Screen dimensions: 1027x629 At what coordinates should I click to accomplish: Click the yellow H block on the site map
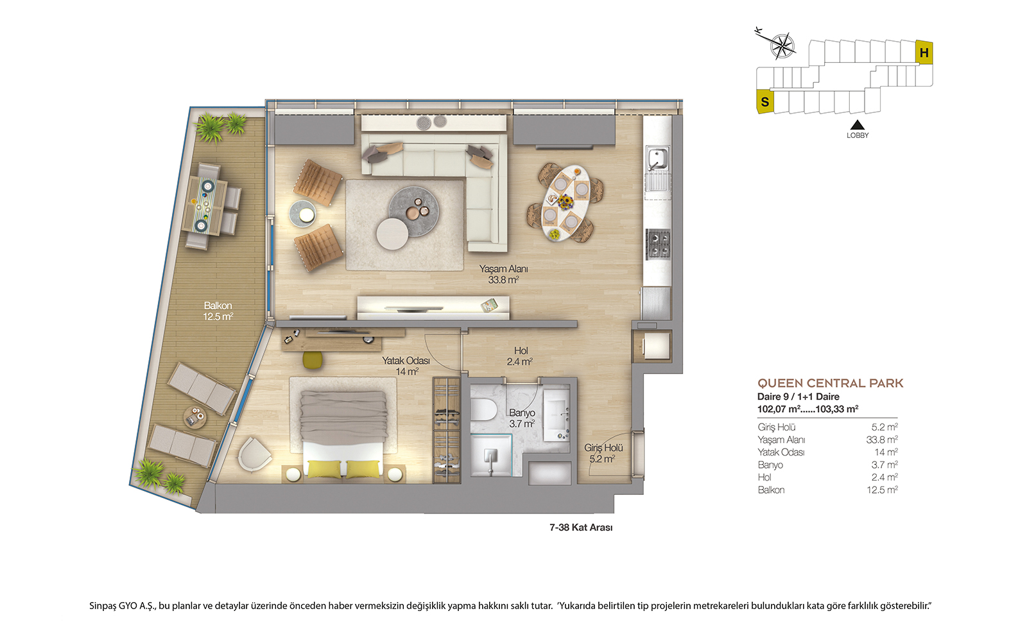pyautogui.click(x=924, y=52)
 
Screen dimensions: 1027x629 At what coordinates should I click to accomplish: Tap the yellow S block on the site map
pyautogui.click(x=764, y=101)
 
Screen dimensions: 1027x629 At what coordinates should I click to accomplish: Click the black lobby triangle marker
pyautogui.click(x=858, y=125)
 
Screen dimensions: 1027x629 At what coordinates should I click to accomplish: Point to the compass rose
pyautogui.click(x=782, y=46)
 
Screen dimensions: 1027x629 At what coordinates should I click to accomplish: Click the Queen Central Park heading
pyautogui.click(x=831, y=383)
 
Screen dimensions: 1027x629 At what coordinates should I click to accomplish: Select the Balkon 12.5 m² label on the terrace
pyautogui.click(x=218, y=311)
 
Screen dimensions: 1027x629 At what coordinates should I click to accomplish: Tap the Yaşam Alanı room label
pyautogui.click(x=503, y=269)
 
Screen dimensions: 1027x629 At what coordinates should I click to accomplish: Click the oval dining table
pyautogui.click(x=565, y=203)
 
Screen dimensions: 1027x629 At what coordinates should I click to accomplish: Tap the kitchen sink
pyautogui.click(x=657, y=159)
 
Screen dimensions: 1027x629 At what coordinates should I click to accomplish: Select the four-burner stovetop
pyautogui.click(x=658, y=245)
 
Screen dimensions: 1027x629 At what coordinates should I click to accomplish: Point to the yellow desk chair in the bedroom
pyautogui.click(x=313, y=359)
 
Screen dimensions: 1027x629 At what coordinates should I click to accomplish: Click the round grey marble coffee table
pyautogui.click(x=414, y=211)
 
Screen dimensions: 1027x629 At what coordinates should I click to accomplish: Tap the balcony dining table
pyautogui.click(x=205, y=205)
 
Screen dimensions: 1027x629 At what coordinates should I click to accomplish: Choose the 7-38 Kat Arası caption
pyautogui.click(x=581, y=528)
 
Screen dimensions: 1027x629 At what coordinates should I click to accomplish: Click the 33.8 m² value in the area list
pyautogui.click(x=882, y=440)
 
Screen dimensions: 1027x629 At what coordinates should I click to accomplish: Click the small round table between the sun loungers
pyautogui.click(x=195, y=417)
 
